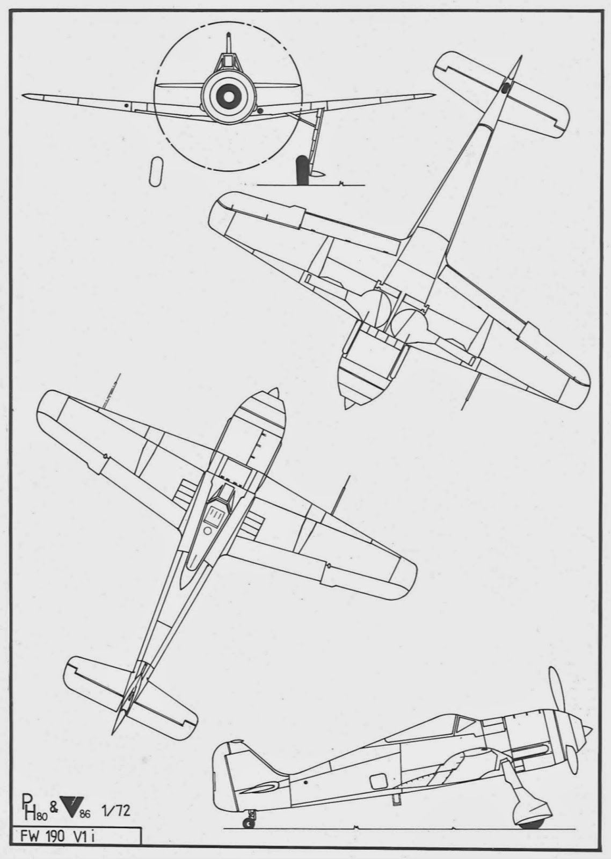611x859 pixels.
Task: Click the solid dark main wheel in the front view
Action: [x=303, y=170]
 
